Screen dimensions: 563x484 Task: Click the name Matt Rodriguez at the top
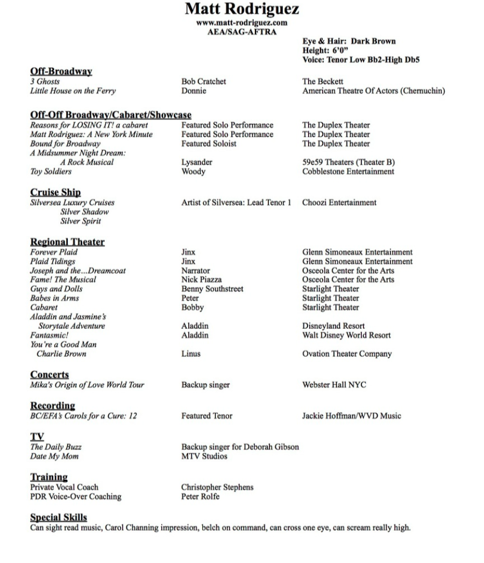click(241, 10)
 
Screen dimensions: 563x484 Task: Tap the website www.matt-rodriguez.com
click(241, 23)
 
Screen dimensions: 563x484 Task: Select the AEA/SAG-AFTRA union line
click(241, 32)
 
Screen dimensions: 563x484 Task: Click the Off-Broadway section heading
click(61, 72)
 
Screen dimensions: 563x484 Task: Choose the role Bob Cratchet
click(204, 82)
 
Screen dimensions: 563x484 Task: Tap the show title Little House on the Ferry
click(73, 91)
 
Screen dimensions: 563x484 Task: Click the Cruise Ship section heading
click(55, 193)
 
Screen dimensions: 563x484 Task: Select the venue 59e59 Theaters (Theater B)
click(349, 162)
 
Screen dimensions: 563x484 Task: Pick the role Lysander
click(197, 162)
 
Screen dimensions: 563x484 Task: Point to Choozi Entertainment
click(339, 203)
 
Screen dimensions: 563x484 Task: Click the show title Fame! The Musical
click(63, 279)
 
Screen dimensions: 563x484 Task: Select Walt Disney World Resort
click(346, 335)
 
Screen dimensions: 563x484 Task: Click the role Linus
click(191, 354)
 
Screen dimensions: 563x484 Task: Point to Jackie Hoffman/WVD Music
click(352, 416)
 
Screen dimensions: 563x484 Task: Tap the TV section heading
click(37, 437)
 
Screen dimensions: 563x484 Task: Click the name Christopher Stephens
click(217, 487)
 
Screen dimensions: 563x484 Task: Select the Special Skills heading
click(58, 517)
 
